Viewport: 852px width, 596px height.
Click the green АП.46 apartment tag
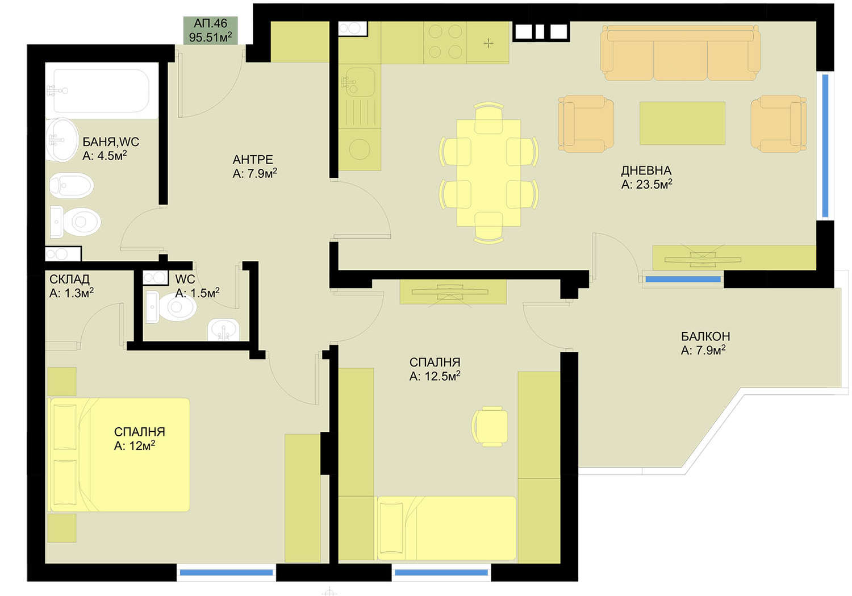point(210,31)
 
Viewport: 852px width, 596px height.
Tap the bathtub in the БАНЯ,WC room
point(101,90)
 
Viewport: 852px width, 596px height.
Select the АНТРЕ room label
point(254,166)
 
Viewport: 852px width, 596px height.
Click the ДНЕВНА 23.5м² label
point(646,177)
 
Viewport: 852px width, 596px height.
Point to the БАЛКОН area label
point(705,343)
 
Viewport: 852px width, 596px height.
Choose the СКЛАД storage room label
point(71,286)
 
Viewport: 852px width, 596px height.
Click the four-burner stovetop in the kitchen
point(445,42)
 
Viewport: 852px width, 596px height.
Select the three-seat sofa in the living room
point(680,52)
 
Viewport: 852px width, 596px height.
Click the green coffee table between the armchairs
point(682,123)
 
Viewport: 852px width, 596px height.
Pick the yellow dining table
point(488,173)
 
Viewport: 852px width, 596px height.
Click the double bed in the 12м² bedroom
point(119,455)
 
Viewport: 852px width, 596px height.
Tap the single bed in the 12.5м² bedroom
point(446,528)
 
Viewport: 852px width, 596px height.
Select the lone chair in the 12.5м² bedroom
point(490,426)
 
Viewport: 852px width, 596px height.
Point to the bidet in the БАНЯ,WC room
point(72,186)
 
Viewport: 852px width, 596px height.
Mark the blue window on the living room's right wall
point(825,146)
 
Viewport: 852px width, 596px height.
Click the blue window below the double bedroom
point(226,572)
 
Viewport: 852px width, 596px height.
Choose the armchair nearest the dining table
point(586,124)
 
